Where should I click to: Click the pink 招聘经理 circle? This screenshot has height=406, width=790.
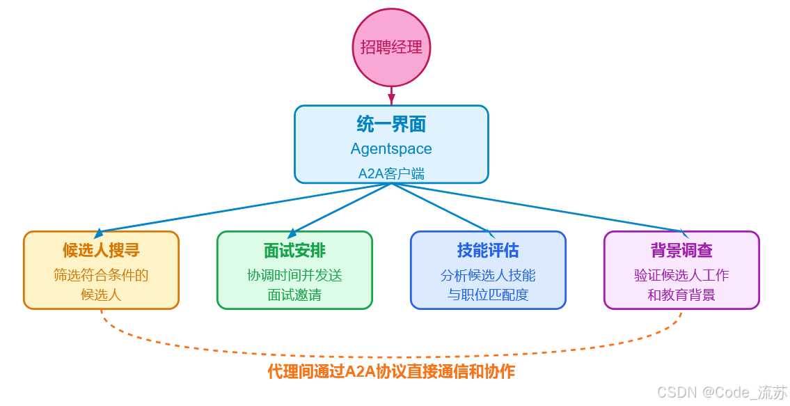coord(391,47)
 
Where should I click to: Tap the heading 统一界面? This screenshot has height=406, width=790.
coord(391,124)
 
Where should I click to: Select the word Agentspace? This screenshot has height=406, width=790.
coord(391,149)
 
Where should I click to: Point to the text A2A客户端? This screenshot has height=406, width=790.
coord(391,173)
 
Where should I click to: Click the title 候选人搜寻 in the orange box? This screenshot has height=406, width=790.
coord(101,251)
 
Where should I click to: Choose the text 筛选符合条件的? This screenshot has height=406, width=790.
coord(101,275)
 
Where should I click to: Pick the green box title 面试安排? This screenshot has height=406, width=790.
coord(294,251)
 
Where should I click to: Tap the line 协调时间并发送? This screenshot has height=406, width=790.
coord(294,275)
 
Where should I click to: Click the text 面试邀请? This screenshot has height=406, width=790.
coord(294,295)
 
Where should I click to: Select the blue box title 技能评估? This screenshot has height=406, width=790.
coord(488,251)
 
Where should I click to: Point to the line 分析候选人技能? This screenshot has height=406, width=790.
coord(488,275)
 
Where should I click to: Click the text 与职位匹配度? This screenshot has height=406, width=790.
coord(488,295)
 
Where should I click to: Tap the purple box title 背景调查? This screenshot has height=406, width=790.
coord(681,251)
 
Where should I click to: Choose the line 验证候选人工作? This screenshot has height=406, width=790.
coord(681,275)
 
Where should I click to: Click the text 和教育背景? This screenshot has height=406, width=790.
coord(681,295)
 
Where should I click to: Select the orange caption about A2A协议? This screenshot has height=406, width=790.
coord(391,371)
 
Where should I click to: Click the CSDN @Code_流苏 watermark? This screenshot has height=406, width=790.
coord(722,392)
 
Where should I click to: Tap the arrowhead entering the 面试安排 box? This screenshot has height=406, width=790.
coord(292,234)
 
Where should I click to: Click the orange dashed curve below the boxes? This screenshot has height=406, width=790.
coord(391,357)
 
